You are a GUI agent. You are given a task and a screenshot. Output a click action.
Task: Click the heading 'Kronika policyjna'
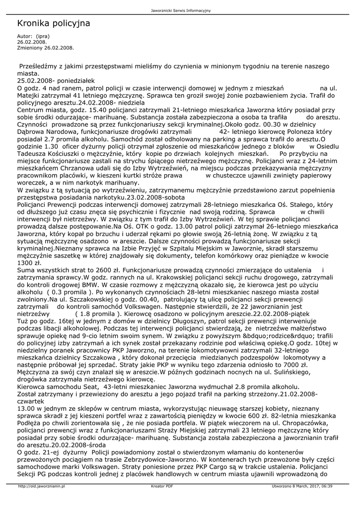(x=53, y=23)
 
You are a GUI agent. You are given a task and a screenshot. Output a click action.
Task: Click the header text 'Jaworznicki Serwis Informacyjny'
(x=180, y=10)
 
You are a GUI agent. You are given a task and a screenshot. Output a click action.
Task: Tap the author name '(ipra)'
(x=42, y=37)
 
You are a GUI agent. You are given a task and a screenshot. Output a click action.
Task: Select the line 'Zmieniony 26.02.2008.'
(x=45, y=48)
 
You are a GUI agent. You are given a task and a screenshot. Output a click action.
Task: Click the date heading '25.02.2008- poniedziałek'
(x=55, y=80)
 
